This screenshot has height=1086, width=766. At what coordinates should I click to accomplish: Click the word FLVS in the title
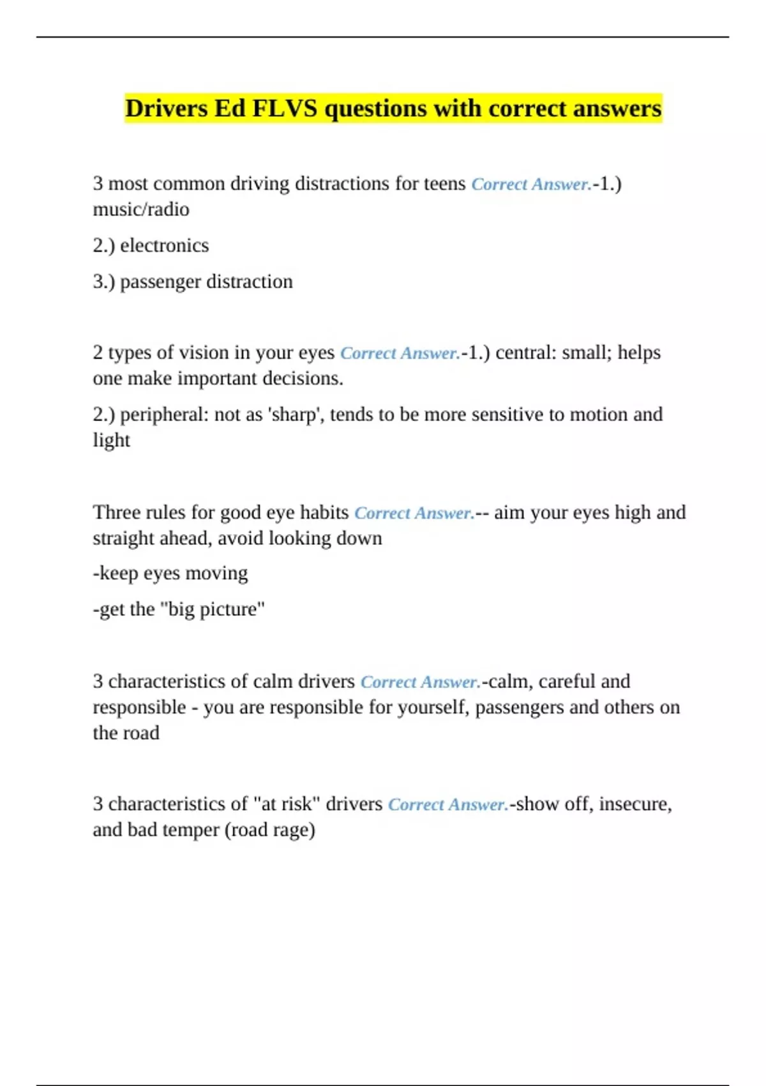tap(285, 109)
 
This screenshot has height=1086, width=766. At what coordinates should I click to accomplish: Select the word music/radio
tap(141, 210)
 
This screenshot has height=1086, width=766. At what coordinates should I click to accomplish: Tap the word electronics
tap(165, 245)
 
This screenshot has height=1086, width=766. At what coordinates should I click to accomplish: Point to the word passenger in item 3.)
tap(160, 282)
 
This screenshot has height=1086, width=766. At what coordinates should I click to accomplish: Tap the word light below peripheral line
tap(111, 440)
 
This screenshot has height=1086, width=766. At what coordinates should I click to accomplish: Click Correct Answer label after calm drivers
tap(420, 682)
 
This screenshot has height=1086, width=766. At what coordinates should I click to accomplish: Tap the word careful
tap(566, 682)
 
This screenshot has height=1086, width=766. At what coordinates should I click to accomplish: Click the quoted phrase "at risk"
tap(287, 804)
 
